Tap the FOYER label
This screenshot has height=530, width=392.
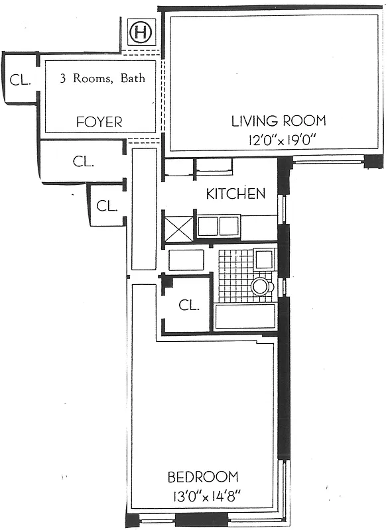tap(99, 122)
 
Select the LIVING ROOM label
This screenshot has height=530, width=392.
tap(279, 121)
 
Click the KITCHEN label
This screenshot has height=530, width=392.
tap(235, 193)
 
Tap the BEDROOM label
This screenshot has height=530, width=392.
tap(203, 477)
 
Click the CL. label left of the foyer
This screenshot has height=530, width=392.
tap(21, 80)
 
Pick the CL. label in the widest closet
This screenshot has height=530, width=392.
tap(84, 160)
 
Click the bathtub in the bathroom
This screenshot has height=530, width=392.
tap(245, 317)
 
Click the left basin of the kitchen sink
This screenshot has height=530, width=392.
tap(208, 227)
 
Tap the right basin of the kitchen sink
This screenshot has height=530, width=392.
tap(229, 227)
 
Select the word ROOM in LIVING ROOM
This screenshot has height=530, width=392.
tap(303, 121)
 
